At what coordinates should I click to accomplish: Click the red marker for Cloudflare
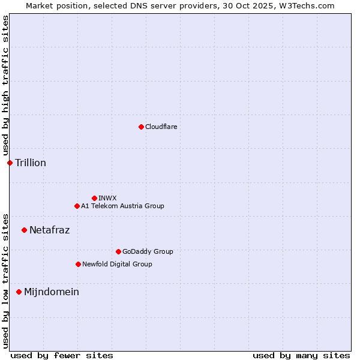pos(141,127)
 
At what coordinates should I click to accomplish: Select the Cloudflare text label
pos(161,127)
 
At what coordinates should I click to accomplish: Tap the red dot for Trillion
pos(10,163)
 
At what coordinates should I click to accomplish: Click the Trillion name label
pos(31,163)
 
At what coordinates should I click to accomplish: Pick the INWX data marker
pos(94,198)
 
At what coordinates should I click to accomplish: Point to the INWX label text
pos(107,198)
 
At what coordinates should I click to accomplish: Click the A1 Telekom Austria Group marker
pos(77,206)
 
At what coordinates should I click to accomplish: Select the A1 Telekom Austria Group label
pos(122,206)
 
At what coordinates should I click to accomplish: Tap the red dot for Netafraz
pos(24,230)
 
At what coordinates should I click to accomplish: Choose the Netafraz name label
pos(49,230)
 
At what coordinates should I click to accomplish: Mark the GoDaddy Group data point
pos(118,251)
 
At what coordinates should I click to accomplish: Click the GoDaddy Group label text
pos(148,251)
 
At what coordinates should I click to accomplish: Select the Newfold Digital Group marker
pos(78,264)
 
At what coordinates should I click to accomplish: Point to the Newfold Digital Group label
pos(117,264)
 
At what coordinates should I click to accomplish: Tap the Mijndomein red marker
pos(19,292)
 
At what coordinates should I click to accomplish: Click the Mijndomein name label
pos(51,292)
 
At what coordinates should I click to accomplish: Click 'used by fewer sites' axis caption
pos(62,355)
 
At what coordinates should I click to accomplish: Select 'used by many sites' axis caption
pos(301,355)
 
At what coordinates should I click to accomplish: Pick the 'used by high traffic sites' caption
pos(5,86)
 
